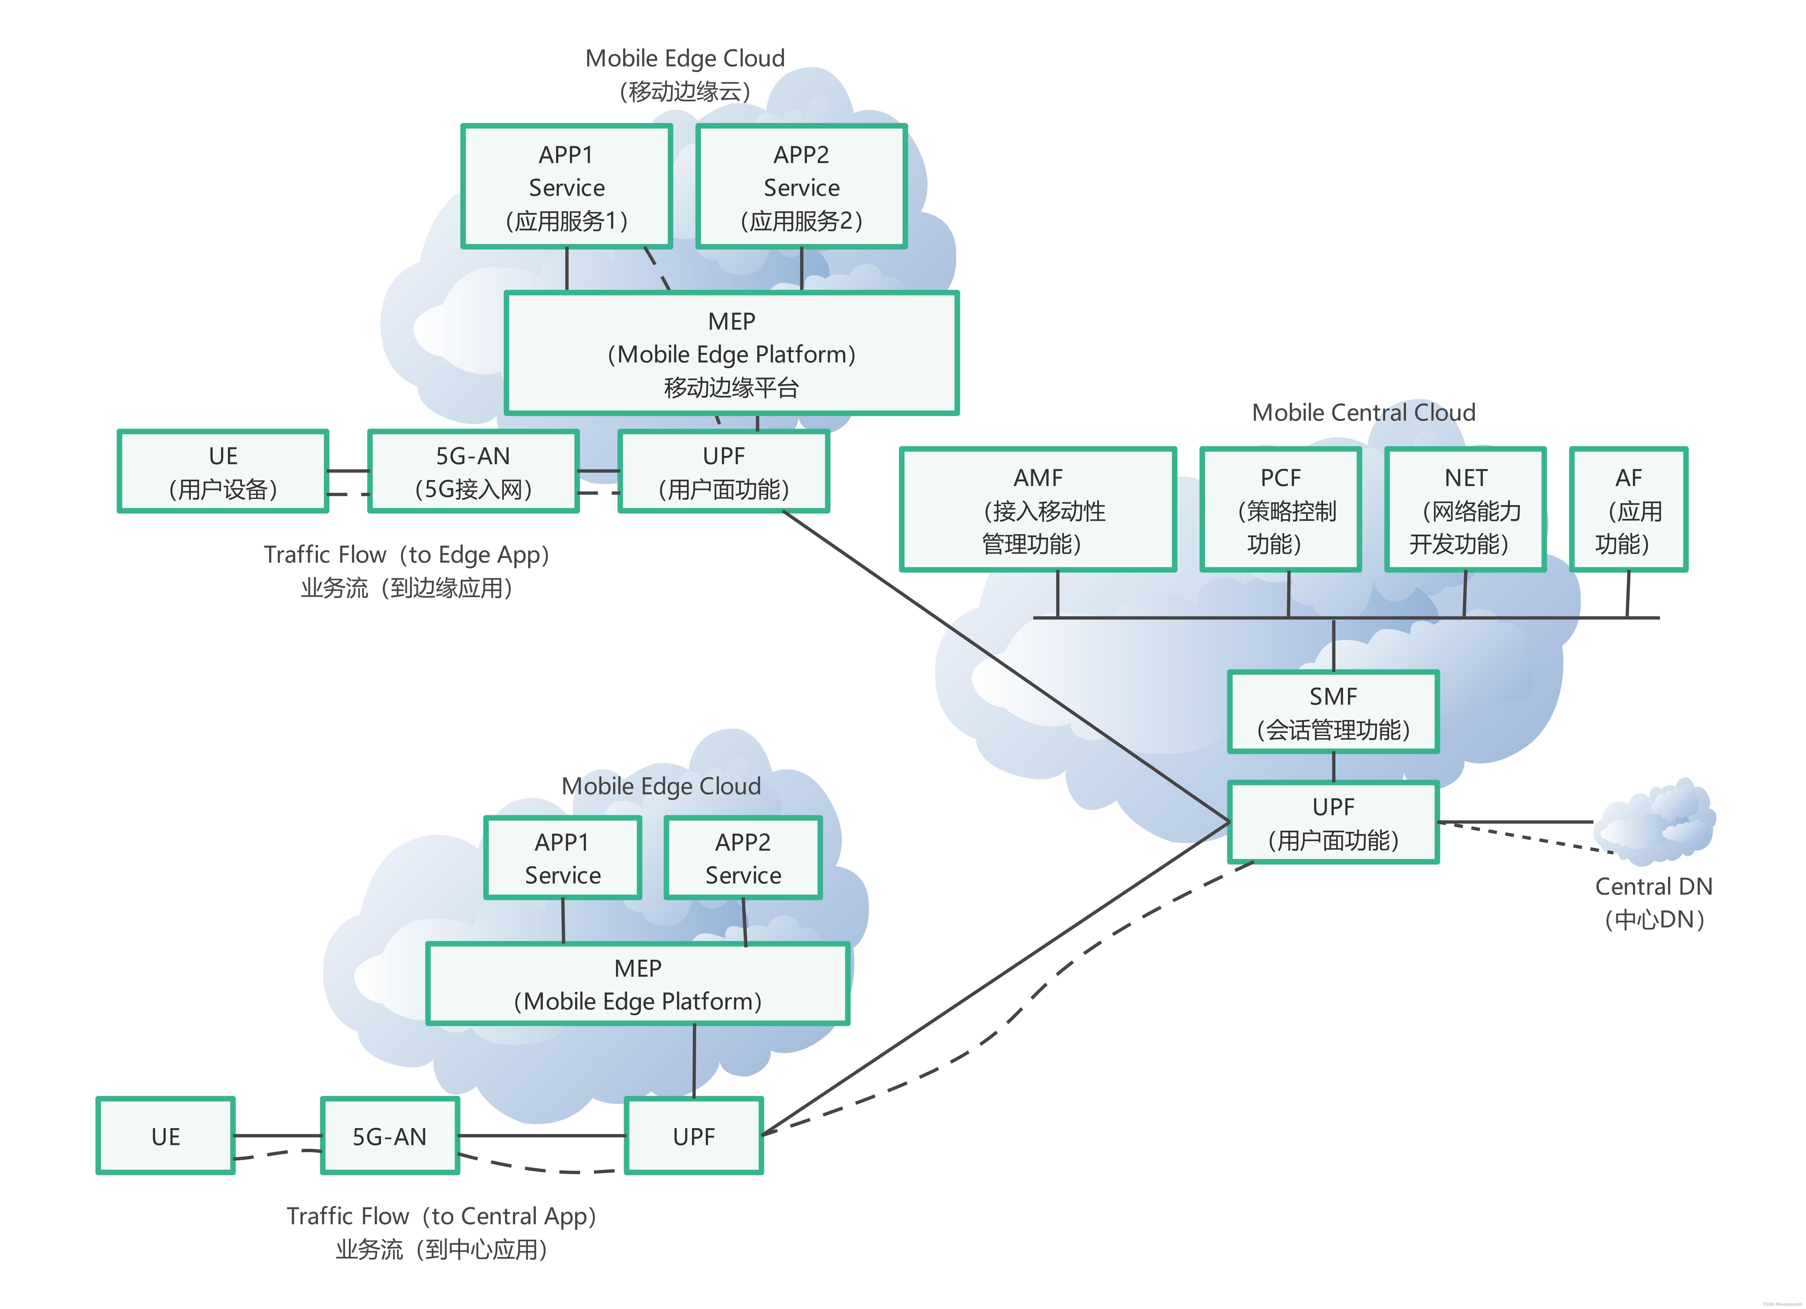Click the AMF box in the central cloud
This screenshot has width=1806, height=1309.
[1038, 510]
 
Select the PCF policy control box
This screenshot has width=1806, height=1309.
[1280, 510]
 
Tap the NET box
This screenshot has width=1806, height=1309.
[1465, 510]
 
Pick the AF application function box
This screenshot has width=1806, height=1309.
[1628, 510]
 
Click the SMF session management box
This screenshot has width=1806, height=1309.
[1333, 712]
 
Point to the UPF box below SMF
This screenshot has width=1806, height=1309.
[1333, 822]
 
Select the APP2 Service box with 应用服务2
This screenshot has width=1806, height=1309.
[801, 186]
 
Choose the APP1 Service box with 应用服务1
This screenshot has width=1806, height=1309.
[566, 186]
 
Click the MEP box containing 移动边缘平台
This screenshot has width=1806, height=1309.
[731, 353]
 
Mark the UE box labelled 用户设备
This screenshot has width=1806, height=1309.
[223, 471]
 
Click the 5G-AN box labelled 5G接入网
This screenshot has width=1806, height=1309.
[473, 471]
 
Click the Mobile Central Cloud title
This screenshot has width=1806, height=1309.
[1363, 413]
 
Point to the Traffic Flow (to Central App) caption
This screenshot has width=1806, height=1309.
[441, 1232]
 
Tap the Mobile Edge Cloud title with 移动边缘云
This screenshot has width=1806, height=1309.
[685, 74]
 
